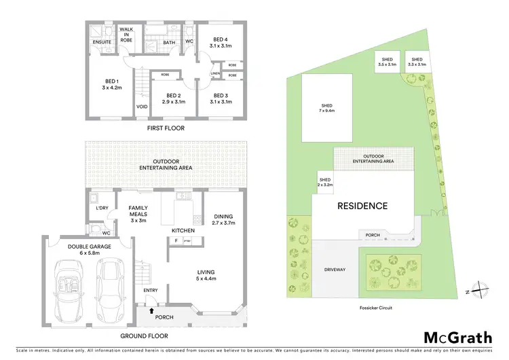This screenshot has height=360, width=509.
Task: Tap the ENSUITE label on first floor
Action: [x=102, y=42]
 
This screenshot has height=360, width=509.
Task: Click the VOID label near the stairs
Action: [x=142, y=107]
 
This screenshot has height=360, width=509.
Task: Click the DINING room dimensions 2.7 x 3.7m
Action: [x=219, y=222]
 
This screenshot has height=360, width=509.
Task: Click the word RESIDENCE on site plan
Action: [x=363, y=206]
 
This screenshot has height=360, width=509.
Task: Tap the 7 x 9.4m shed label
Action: [x=326, y=111]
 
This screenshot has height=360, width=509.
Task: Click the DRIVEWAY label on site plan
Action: [x=335, y=270]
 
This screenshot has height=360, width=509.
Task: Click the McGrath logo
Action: [x=453, y=337]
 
